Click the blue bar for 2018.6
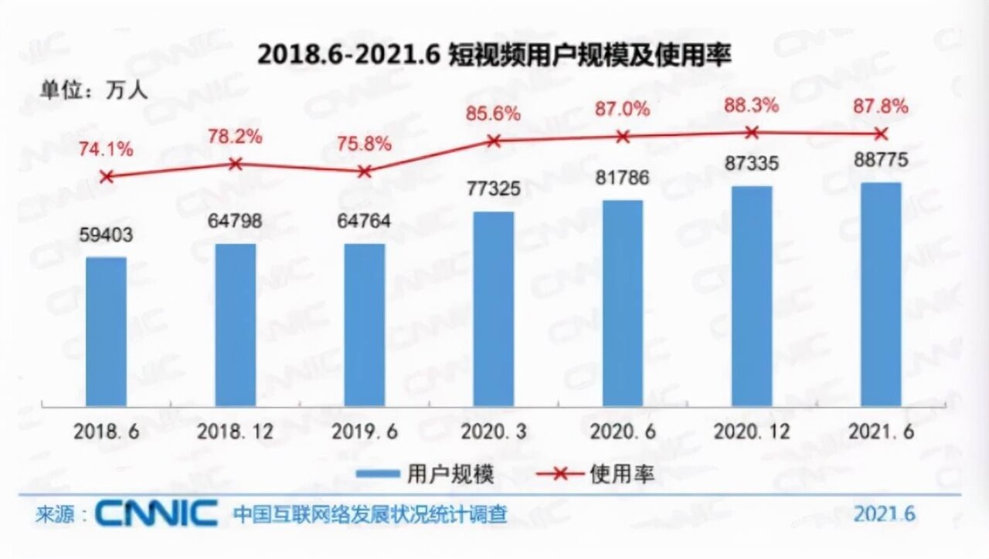point(106,331)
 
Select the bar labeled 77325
point(494,309)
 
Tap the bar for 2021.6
point(880,294)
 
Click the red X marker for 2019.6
point(365,171)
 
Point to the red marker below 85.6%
point(494,141)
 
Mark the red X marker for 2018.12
point(236,163)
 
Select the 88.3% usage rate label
point(751,106)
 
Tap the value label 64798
point(236,222)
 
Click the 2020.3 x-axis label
point(494,431)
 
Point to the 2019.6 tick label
point(365,431)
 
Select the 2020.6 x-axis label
point(622,431)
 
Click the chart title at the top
point(494,55)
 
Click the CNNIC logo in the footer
point(158,513)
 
